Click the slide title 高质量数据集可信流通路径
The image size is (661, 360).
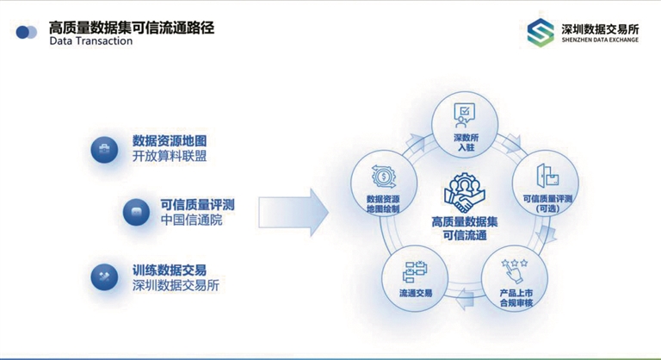(132, 28)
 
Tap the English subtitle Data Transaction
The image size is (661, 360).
(91, 41)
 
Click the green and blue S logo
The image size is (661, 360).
(541, 33)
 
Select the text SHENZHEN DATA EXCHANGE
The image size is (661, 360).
(600, 40)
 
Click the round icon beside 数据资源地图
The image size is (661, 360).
(104, 149)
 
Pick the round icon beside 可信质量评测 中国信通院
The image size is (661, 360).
(136, 212)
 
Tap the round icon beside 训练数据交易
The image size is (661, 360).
(104, 276)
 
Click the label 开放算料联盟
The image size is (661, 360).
(170, 156)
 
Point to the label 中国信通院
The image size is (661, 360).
(191, 220)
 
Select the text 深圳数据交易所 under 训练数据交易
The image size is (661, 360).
(176, 285)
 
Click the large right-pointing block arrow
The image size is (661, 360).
(293, 212)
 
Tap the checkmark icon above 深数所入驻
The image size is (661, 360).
(464, 115)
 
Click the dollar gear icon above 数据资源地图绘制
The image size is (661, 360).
(384, 177)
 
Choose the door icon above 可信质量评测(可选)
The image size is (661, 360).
(547, 176)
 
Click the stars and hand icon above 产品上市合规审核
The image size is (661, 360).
(515, 270)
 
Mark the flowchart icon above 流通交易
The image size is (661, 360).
(415, 271)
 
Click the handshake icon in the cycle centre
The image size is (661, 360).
(465, 192)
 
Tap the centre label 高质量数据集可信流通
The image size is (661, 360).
(465, 228)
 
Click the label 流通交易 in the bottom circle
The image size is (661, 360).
(416, 293)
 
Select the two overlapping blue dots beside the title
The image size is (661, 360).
(26, 32)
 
